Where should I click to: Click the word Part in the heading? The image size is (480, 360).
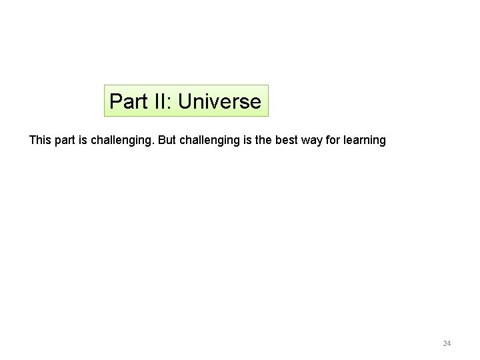click(125, 102)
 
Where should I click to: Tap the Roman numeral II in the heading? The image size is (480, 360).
click(157, 102)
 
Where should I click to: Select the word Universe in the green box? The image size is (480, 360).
click(219, 102)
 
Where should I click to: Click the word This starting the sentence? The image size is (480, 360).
click(40, 141)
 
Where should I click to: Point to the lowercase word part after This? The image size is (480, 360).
click(67, 141)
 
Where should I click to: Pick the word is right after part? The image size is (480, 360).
click(87, 141)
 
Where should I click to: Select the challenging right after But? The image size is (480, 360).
click(209, 141)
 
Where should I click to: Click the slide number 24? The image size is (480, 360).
click(447, 344)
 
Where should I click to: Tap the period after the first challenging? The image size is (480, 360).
click(153, 144)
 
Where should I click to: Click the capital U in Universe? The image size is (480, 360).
click(185, 102)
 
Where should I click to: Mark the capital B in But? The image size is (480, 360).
click(162, 141)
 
